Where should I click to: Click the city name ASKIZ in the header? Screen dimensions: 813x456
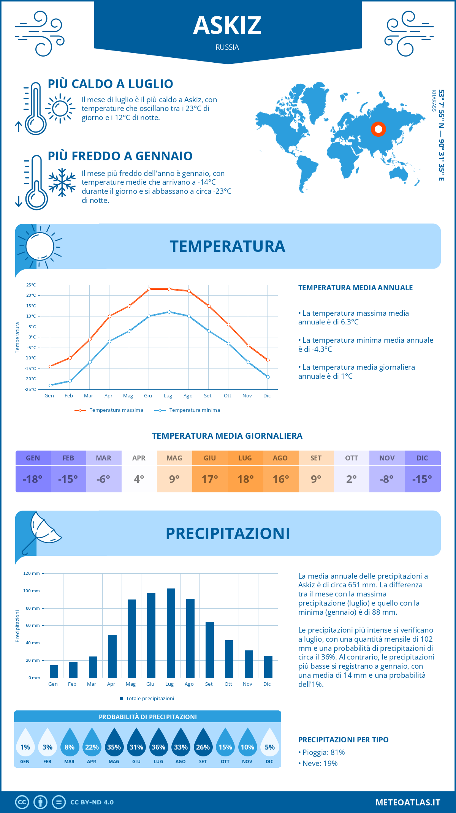227,25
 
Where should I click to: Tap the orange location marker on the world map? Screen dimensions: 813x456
378,129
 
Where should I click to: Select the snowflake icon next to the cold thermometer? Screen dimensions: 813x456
62,182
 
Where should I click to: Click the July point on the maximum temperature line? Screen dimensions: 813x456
169,289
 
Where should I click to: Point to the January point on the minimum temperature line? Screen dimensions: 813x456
50,385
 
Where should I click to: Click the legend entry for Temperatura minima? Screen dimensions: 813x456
194,410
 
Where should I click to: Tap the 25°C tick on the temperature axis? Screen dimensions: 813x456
31,285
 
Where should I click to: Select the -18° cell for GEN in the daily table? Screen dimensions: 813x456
33,479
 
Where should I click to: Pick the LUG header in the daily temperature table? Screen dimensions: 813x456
245,458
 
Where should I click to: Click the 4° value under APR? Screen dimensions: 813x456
139,479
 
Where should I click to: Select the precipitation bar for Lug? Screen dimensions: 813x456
171,633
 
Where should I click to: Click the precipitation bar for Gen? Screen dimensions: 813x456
54,671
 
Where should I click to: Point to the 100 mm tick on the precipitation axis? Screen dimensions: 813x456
32,591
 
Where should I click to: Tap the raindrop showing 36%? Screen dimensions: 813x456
158,747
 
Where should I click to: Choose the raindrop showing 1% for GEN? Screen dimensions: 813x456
25,747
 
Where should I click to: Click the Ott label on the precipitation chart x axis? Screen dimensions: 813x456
228,684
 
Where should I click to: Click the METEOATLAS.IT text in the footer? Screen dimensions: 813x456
407,802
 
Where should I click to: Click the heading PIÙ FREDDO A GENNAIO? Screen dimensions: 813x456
120,156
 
